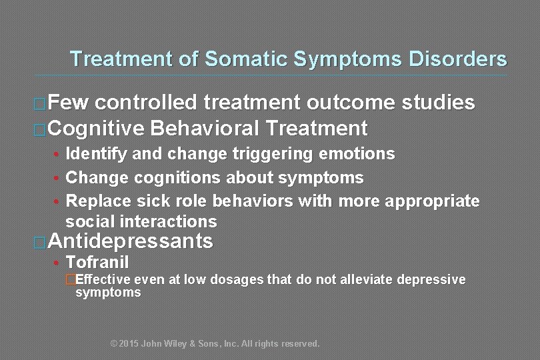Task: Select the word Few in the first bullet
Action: pyautogui.click(x=71, y=103)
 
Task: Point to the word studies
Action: pyautogui.click(x=438, y=103)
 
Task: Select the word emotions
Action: pyautogui.click(x=357, y=154)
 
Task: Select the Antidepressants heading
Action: pyautogui.click(x=131, y=241)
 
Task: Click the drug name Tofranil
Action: pyautogui.click(x=97, y=263)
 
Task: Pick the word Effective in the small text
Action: pyautogui.click(x=104, y=279)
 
